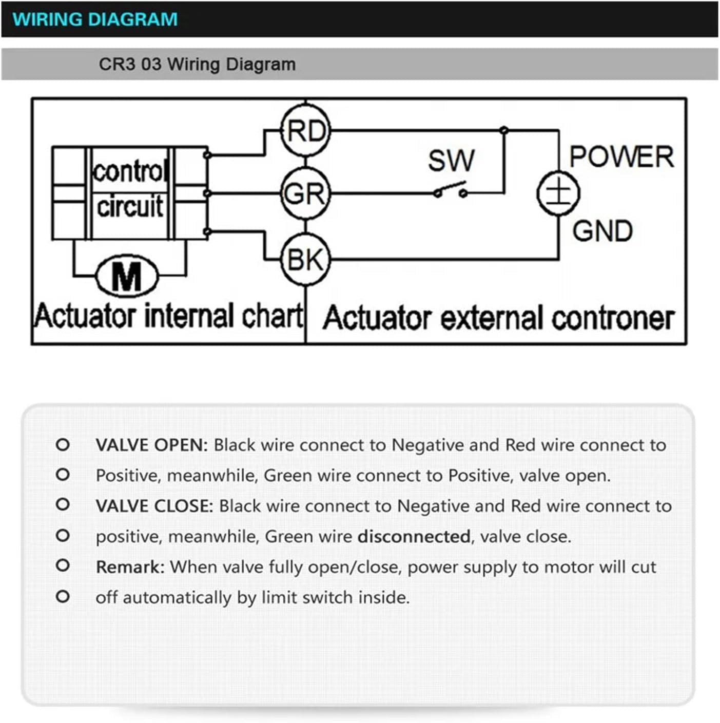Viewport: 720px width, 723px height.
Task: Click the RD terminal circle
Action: [306, 130]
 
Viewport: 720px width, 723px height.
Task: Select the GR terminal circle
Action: [306, 193]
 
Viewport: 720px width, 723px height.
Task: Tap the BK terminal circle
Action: [306, 259]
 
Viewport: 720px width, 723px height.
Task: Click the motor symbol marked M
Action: [127, 277]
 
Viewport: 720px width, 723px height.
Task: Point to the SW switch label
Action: [451, 161]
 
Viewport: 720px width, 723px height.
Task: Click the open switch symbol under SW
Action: [450, 191]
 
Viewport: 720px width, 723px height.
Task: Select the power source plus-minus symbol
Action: [558, 193]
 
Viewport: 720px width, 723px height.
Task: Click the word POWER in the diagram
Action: [621, 157]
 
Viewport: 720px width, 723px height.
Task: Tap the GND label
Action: [602, 231]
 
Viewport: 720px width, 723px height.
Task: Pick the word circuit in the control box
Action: [130, 206]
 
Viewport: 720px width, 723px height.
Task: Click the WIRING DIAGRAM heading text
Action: [95, 19]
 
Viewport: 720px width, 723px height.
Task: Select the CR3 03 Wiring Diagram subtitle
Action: [197, 65]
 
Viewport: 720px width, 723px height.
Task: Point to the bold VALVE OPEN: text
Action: [152, 445]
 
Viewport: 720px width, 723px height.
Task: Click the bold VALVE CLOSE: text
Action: [154, 506]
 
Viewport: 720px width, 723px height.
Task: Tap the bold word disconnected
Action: [414, 537]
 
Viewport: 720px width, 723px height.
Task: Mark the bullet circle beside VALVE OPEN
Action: [63, 444]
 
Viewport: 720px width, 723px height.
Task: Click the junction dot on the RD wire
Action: [504, 130]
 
